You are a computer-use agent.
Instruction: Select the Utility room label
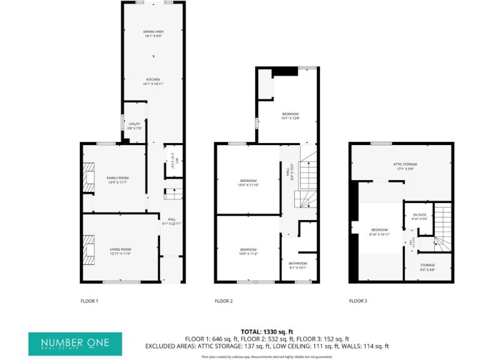[134, 126]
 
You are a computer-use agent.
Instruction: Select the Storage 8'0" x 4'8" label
[427, 267]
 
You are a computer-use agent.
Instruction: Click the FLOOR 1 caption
[89, 301]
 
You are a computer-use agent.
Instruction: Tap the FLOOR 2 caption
[224, 301]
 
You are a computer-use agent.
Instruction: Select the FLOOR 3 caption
[358, 301]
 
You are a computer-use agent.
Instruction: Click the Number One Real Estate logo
[75, 342]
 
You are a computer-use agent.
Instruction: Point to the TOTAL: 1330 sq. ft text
[267, 331]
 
